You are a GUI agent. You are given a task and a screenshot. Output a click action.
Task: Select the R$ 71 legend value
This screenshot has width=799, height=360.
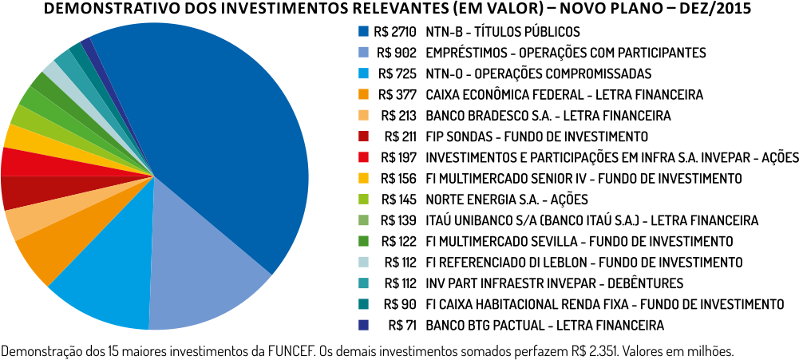(403, 325)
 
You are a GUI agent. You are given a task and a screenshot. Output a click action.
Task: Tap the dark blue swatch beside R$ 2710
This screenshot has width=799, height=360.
(363, 32)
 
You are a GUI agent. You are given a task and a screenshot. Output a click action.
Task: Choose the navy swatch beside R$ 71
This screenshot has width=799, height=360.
(363, 325)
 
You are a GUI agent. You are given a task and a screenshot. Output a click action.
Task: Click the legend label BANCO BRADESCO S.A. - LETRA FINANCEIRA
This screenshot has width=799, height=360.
(548, 115)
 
